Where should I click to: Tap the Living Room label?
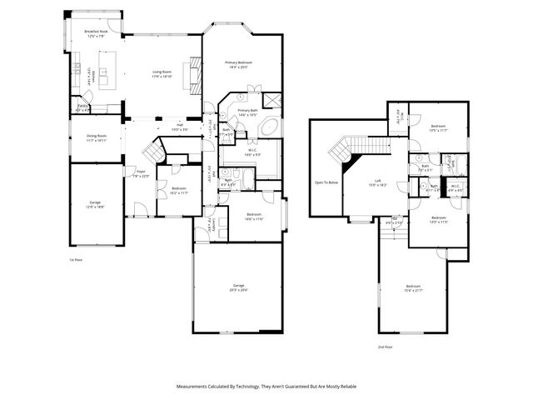(x=162, y=73)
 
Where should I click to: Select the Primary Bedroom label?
(x=238, y=64)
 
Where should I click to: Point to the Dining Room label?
(x=97, y=137)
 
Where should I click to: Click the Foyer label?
(x=130, y=173)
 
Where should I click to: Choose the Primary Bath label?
(x=247, y=112)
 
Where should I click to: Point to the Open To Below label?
(x=326, y=181)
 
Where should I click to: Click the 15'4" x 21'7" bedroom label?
(x=413, y=288)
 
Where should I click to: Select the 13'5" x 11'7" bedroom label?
(x=438, y=129)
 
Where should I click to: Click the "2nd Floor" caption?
(x=384, y=346)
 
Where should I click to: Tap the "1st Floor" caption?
(x=76, y=260)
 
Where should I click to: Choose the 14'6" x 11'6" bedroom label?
(x=254, y=217)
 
